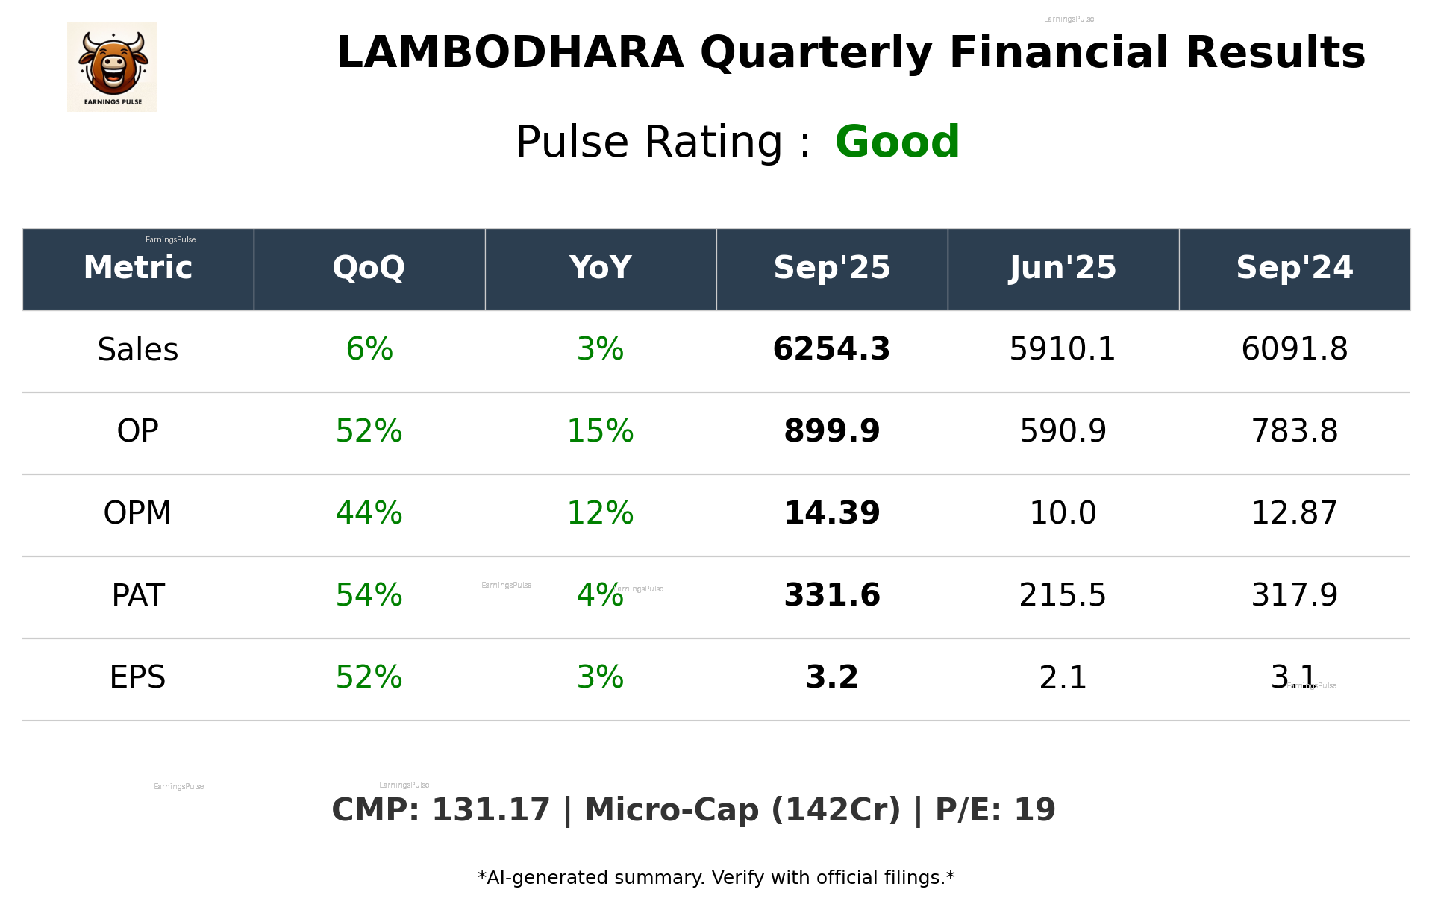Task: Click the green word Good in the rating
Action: pyautogui.click(x=897, y=142)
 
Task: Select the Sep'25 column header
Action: pyautogui.click(x=831, y=268)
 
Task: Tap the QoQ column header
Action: pyautogui.click(x=369, y=268)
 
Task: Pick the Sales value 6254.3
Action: pyautogui.click(x=831, y=349)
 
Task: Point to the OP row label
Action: pyautogui.click(x=138, y=431)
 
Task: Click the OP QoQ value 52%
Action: pyautogui.click(x=369, y=431)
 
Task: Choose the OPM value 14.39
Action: pyautogui.click(x=831, y=513)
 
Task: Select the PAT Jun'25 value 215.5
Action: pyautogui.click(x=1063, y=595)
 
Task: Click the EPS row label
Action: pyautogui.click(x=138, y=677)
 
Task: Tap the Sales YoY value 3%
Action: pyautogui.click(x=600, y=349)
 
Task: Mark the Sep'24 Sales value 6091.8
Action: pyautogui.click(x=1294, y=349)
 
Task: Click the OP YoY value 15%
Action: pyautogui.click(x=600, y=431)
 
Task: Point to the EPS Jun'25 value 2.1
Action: pyautogui.click(x=1063, y=677)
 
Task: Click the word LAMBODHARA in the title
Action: pyautogui.click(x=510, y=53)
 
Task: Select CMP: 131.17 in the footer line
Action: pyautogui.click(x=440, y=810)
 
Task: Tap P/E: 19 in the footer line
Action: pyautogui.click(x=995, y=810)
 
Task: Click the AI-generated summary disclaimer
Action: pyautogui.click(x=716, y=878)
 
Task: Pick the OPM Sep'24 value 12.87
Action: pyautogui.click(x=1294, y=513)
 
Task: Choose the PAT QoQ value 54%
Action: pyautogui.click(x=369, y=595)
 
